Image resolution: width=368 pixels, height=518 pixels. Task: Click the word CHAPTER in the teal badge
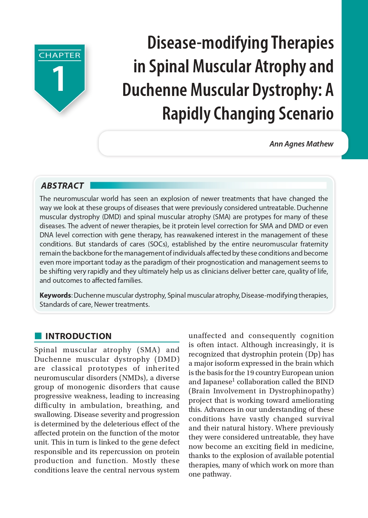tap(60, 55)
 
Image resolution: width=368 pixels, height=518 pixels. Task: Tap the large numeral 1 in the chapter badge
tap(59, 79)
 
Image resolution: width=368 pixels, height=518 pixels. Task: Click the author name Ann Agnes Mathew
tap(301, 144)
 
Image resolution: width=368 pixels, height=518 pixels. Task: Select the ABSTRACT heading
tap(62, 186)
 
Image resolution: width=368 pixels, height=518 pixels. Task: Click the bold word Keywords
tap(55, 295)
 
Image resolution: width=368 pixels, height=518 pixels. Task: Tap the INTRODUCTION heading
tap(78, 336)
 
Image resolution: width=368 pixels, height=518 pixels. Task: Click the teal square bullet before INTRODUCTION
tap(38, 336)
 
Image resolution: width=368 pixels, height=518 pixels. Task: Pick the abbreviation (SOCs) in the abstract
tap(158, 244)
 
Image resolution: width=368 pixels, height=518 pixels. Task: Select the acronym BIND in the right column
tap(325, 382)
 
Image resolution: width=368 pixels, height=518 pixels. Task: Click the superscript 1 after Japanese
tap(234, 380)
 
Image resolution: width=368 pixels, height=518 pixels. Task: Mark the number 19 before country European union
tap(250, 373)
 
